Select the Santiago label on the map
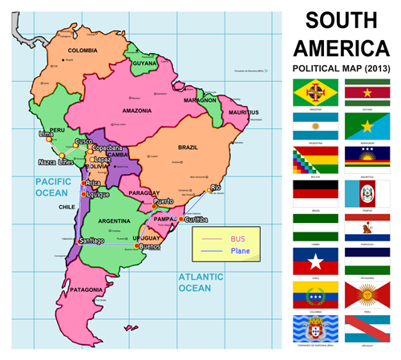coord(92,241)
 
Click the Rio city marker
coord(210,192)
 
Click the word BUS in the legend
coord(237,239)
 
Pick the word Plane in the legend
coord(240,251)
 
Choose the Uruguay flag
coord(367,328)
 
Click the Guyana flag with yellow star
coord(367,91)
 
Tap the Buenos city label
coord(150,247)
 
